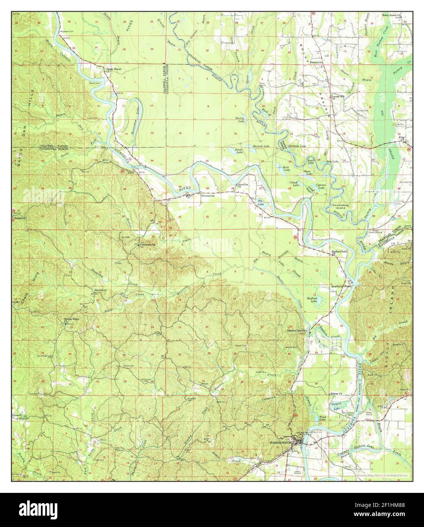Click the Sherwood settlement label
point(100,290)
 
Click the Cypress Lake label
point(321,187)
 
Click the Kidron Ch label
point(336,394)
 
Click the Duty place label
point(131,173)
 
